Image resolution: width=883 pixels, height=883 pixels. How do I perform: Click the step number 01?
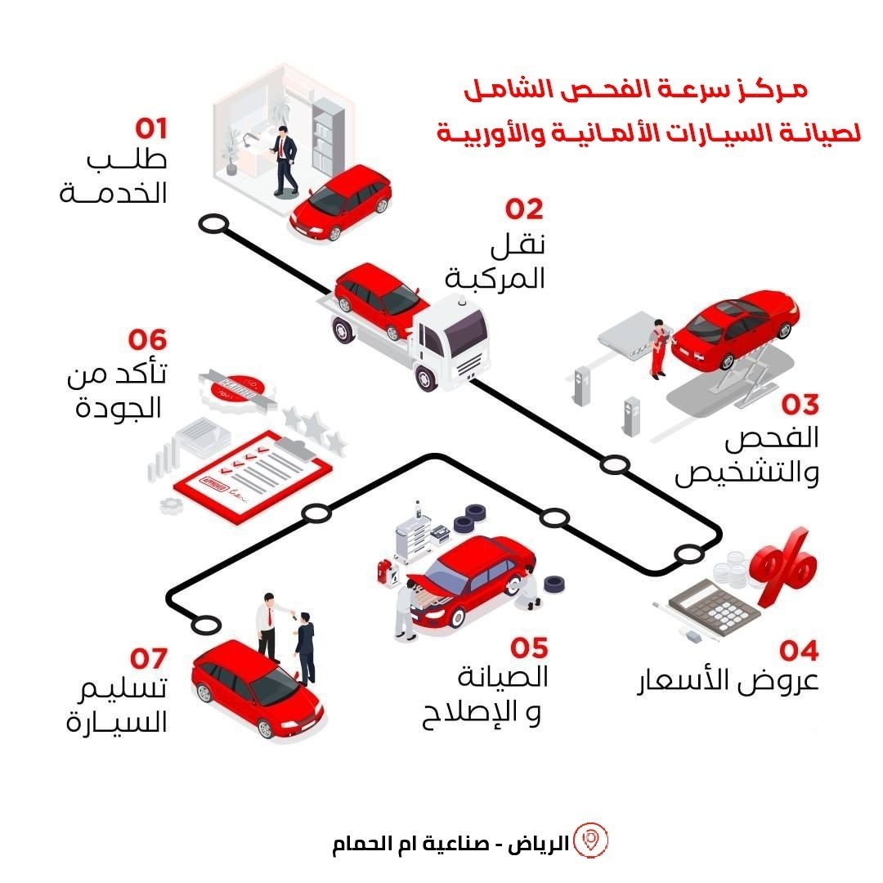click(x=151, y=129)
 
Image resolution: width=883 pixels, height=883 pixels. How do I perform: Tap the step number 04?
click(x=798, y=652)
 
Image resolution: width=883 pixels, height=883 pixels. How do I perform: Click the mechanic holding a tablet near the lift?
click(x=658, y=347)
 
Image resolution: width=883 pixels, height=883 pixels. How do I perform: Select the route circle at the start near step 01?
click(x=214, y=222)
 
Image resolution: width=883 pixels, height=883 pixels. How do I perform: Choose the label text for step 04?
click(x=727, y=682)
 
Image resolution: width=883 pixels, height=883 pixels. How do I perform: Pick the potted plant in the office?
click(x=231, y=150)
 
